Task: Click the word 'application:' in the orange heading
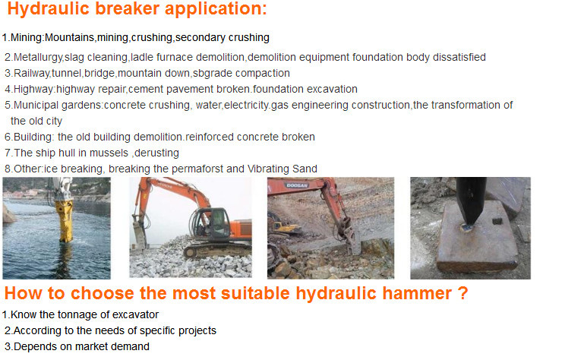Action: tap(216, 9)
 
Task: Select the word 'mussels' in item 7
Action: tap(109, 153)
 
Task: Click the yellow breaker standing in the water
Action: tap(64, 220)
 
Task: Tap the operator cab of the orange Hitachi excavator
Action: tap(211, 223)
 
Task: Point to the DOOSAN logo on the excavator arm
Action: tap(297, 185)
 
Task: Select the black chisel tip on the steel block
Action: tap(471, 203)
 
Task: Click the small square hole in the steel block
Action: tap(497, 221)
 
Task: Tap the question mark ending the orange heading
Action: tap(463, 293)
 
